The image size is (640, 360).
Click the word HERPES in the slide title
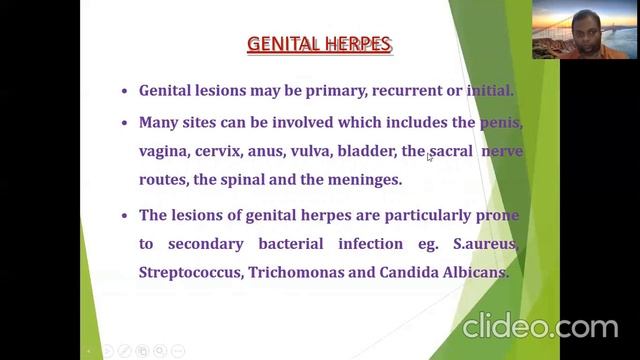click(356, 44)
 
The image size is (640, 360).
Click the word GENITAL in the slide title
click(283, 44)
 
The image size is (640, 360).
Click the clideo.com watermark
click(540, 327)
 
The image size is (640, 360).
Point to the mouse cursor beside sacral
click(430, 156)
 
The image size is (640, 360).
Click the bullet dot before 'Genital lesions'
click(124, 91)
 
